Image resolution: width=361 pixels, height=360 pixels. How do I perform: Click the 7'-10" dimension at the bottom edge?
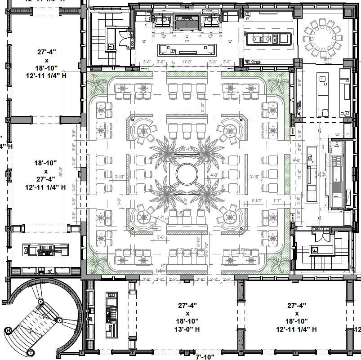204,357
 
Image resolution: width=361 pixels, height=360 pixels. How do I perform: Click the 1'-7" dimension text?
278,201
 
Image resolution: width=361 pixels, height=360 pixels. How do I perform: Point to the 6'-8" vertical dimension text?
300,83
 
